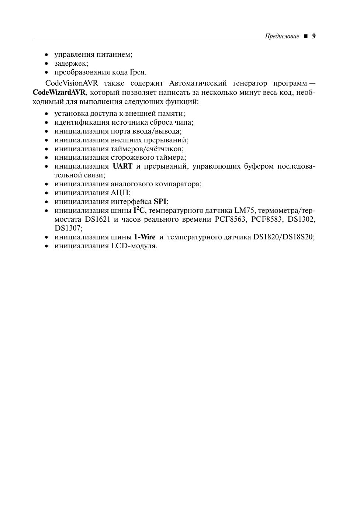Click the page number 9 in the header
tap(314, 36)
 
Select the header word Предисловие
tap(282, 37)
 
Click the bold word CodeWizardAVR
tap(59, 92)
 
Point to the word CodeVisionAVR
tap(72, 83)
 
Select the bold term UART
tap(122, 166)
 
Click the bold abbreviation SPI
tap(160, 202)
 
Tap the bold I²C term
tap(139, 211)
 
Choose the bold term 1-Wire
tap(145, 237)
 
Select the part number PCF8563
tap(230, 219)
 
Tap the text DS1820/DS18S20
tap(283, 237)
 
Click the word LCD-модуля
tap(134, 246)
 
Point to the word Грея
tap(137, 72)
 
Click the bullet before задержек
tap(46, 63)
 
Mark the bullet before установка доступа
tap(46, 114)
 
